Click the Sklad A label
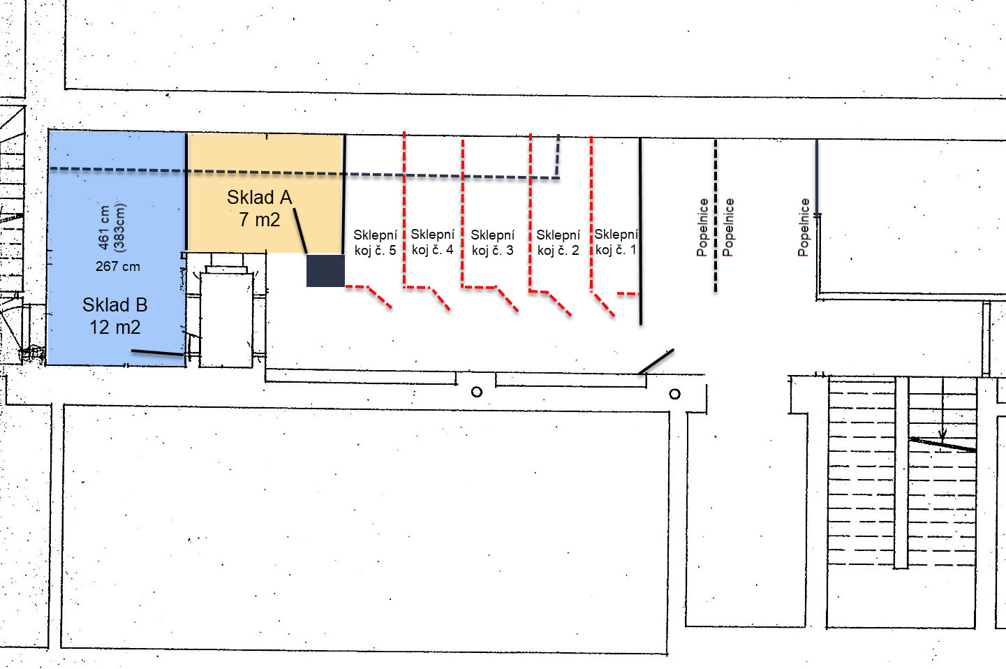tap(260, 197)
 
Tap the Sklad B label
tap(115, 305)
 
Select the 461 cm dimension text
tap(104, 228)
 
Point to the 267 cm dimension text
tap(118, 267)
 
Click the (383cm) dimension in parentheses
tap(119, 228)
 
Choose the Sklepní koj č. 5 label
tap(376, 242)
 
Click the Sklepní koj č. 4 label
tap(433, 242)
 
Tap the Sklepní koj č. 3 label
tap(493, 242)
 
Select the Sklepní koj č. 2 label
tap(559, 242)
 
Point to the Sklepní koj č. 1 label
tap(616, 242)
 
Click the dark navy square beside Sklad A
tap(325, 270)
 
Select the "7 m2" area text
tap(260, 220)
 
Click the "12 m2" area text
tap(115, 328)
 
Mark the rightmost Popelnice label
tap(804, 228)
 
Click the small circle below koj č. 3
tap(477, 392)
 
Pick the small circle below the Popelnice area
tap(674, 394)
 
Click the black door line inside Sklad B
tap(158, 353)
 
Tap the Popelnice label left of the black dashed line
tap(702, 228)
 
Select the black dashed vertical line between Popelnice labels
tap(716, 216)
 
